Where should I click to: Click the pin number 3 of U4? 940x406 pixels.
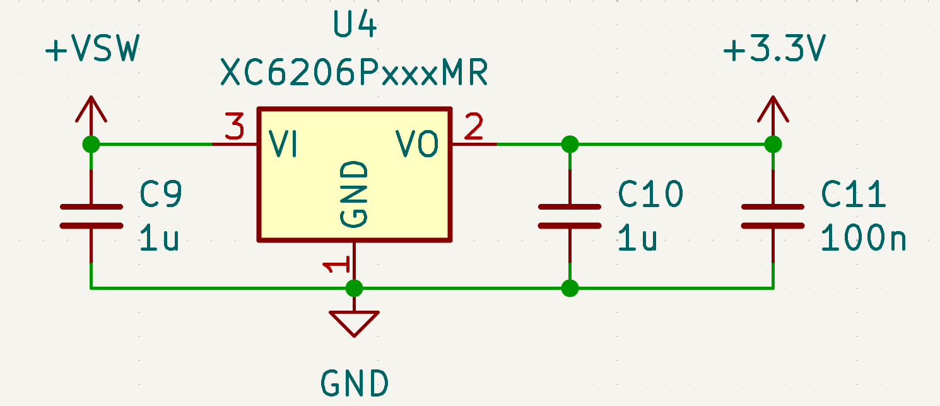(x=235, y=128)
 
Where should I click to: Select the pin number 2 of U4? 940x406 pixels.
(x=473, y=128)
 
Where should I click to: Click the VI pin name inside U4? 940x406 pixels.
(x=283, y=145)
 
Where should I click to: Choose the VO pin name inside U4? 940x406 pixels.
(x=417, y=145)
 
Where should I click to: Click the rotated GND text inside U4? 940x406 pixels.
(x=354, y=194)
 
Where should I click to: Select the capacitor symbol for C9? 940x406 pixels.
(x=91, y=216)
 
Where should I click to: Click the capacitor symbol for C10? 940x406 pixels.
(x=570, y=216)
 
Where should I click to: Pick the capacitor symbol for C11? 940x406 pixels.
(x=773, y=216)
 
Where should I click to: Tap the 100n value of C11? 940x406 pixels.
(x=863, y=239)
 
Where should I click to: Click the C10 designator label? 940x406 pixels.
(x=650, y=194)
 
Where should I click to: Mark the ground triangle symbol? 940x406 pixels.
(x=354, y=322)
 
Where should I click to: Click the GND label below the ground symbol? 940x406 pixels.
(x=354, y=383)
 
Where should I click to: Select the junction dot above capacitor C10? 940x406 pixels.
(x=570, y=145)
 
